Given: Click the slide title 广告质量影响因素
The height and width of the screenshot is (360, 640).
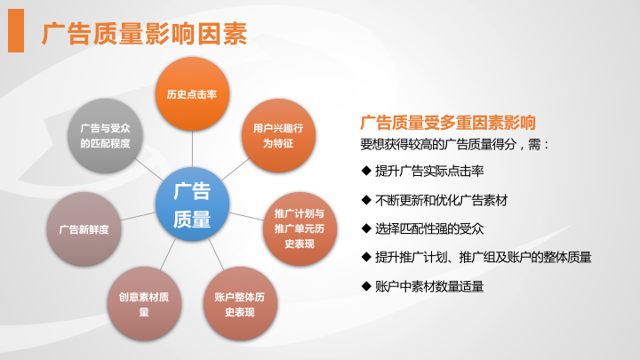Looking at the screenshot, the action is click(145, 34).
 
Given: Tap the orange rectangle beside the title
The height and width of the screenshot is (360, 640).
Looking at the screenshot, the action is click(16, 30).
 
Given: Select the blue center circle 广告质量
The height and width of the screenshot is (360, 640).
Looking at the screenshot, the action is click(192, 204).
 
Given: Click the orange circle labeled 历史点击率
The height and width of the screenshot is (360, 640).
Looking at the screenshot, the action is click(192, 94).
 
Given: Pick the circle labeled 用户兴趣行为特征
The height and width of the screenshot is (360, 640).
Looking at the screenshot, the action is click(278, 135).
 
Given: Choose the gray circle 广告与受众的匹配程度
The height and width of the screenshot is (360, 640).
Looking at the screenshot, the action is click(105, 135).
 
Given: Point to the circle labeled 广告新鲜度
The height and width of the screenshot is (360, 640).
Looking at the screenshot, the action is click(84, 229).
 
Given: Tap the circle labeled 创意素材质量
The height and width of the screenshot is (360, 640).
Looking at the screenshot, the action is click(144, 304).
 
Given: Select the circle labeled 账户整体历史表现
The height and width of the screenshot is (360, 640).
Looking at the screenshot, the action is click(240, 304).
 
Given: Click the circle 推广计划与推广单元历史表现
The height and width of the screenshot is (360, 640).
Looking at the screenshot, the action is click(300, 229).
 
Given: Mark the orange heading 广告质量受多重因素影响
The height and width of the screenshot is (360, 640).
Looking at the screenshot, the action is click(448, 123).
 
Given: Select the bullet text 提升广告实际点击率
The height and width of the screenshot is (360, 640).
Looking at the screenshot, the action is click(429, 171).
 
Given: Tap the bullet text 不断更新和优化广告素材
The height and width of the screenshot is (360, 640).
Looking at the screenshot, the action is click(441, 200).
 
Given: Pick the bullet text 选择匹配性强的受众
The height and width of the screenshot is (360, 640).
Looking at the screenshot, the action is click(429, 228).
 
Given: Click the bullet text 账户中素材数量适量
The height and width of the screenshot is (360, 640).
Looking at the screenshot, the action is click(429, 286).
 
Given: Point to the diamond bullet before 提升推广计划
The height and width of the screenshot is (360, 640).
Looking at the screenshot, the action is click(366, 257).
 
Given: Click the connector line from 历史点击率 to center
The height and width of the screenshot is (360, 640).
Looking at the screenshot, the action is click(192, 149).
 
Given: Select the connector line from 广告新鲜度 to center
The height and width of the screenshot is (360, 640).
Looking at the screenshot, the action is click(138, 216).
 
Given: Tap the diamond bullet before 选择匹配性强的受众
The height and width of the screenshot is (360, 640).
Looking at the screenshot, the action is click(366, 228).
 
